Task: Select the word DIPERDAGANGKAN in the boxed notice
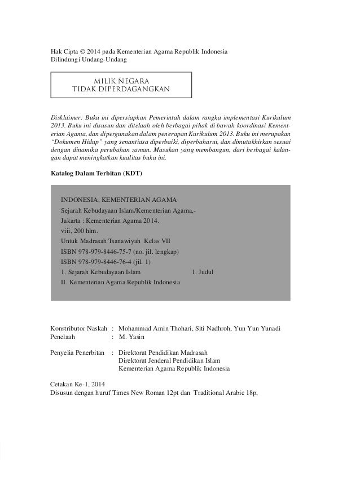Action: click(138, 90)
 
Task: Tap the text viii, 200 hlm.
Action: click(79, 231)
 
